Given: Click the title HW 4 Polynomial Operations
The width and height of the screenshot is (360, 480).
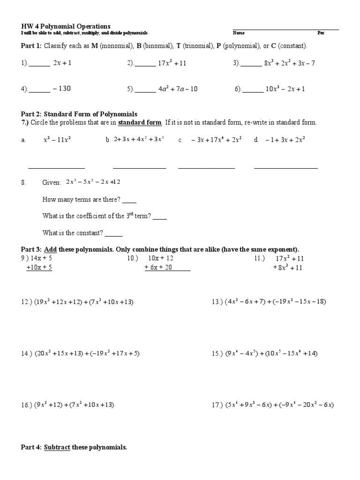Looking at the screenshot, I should click(x=66, y=26).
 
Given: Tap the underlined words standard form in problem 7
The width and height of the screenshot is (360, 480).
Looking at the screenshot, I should click(x=140, y=122).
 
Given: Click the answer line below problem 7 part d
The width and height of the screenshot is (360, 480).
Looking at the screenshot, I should click(x=285, y=167).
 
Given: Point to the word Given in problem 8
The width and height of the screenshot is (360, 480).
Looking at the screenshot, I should click(x=52, y=182).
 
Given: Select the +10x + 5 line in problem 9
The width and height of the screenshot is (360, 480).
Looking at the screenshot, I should click(x=39, y=268).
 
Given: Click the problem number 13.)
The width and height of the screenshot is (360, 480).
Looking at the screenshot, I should click(x=217, y=302).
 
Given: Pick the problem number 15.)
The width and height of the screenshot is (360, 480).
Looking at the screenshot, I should click(x=217, y=353).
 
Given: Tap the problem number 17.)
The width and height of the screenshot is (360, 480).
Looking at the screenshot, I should click(x=217, y=405).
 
